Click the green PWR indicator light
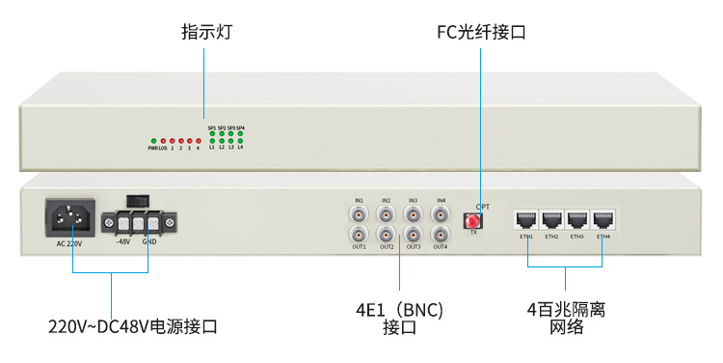(x=152, y=141)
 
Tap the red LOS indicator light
(x=163, y=141)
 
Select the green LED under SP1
(x=212, y=133)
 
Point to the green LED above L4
(x=241, y=141)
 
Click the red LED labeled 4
(x=198, y=141)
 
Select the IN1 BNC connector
(x=360, y=213)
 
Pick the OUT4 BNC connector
(x=441, y=235)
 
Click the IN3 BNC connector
(x=414, y=213)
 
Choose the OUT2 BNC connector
(x=387, y=235)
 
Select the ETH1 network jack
(x=526, y=218)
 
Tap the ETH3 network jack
(x=577, y=218)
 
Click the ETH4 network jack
(x=603, y=218)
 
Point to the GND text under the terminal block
(x=149, y=242)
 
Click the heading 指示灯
(x=206, y=33)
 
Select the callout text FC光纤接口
(x=481, y=33)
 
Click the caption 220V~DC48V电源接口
(x=133, y=326)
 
